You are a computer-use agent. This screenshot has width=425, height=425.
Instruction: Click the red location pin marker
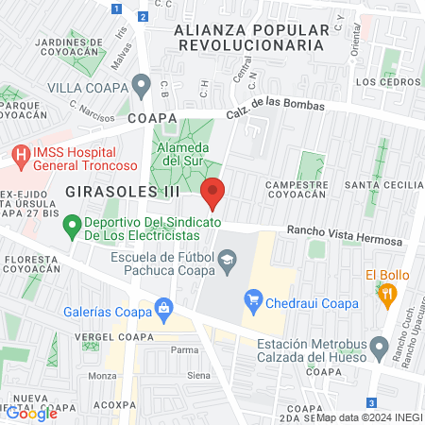213,192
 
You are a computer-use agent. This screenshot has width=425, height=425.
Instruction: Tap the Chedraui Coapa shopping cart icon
252,301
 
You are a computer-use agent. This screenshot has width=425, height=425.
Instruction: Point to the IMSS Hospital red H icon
21,153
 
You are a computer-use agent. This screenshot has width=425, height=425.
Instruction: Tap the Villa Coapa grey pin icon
142,86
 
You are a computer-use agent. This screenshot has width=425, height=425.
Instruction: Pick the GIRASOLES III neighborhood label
110,191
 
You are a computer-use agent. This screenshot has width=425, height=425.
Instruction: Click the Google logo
31,412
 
